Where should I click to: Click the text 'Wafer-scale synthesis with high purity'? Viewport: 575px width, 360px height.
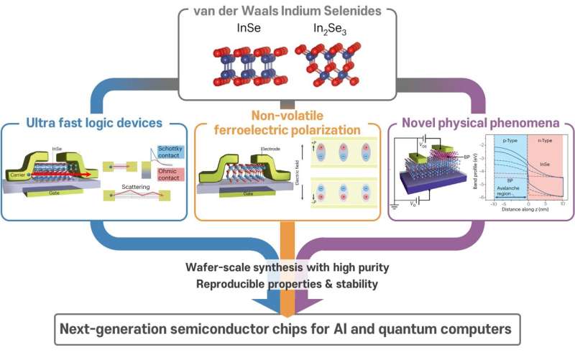pyautogui.click(x=287, y=268)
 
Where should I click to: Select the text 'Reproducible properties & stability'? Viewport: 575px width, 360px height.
pyautogui.click(x=287, y=284)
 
